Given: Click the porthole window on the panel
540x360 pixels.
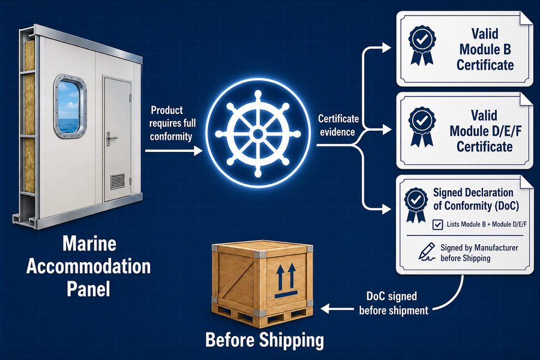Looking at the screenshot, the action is [x=70, y=106].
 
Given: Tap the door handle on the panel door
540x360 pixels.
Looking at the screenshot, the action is [x=110, y=139].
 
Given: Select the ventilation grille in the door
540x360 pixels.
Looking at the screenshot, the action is [x=118, y=182].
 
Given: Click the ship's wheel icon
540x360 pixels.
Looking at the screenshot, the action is [x=258, y=134].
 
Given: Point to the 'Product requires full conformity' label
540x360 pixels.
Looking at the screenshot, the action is [x=172, y=124].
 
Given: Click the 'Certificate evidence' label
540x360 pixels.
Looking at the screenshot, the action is [x=338, y=125].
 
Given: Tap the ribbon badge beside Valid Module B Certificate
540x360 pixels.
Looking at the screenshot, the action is [x=422, y=45].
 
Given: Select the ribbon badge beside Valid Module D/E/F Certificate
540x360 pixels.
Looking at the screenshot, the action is [x=422, y=127].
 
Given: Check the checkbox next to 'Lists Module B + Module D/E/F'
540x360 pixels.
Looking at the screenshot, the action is [x=437, y=224].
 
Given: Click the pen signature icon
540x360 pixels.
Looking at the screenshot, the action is [x=427, y=252].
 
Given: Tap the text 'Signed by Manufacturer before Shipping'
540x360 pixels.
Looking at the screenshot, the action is [x=479, y=253].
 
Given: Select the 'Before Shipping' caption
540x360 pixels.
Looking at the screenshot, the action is [x=265, y=340].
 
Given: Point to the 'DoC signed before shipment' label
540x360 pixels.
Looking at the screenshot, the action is [x=393, y=304].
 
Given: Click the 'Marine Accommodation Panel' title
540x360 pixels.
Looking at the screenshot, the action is [x=89, y=266].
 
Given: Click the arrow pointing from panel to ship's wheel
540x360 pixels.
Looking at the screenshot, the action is [x=174, y=151].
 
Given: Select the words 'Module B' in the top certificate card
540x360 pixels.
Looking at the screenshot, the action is [x=485, y=49].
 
